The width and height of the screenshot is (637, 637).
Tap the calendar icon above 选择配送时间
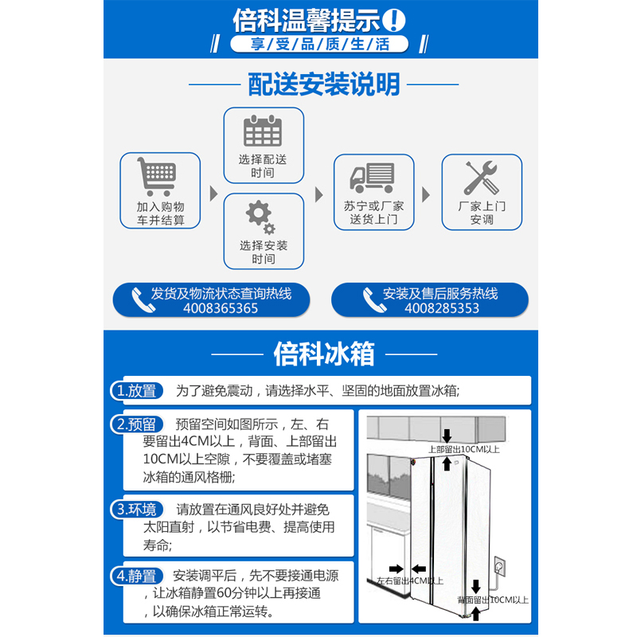pos(263,131)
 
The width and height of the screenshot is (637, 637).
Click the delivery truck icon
pos(373,177)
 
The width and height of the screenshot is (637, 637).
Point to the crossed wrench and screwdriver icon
pos(481,177)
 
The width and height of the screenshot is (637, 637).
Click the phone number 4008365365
pos(221,308)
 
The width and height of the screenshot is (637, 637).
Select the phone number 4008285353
pos(441,308)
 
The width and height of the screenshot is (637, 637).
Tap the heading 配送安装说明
pos(324,84)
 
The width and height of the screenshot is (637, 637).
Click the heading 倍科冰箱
pos(323,353)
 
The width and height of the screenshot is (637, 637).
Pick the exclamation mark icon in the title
pos(394,18)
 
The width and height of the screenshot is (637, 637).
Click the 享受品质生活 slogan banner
pos(319,44)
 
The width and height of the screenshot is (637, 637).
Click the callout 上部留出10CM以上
pos(464,450)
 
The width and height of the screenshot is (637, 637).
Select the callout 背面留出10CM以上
pos(493,599)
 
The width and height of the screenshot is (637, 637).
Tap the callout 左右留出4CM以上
pos(409,580)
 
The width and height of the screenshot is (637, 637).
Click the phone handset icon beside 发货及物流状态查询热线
pos(143,299)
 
